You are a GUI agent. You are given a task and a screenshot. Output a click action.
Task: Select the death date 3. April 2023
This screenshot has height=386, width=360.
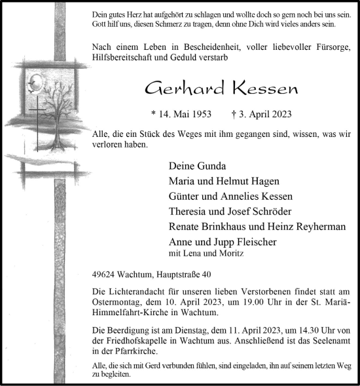(x=264, y=113)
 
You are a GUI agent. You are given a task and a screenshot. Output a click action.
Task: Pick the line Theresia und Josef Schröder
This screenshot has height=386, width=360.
(x=229, y=211)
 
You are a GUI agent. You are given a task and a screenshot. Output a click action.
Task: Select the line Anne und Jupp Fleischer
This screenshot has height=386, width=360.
(x=223, y=242)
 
